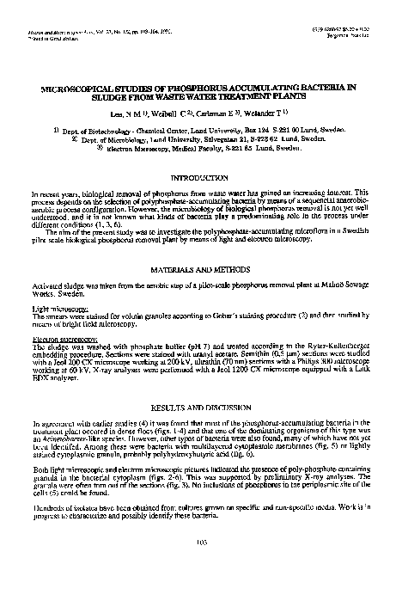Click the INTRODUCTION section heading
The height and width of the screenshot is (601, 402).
[200, 178]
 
